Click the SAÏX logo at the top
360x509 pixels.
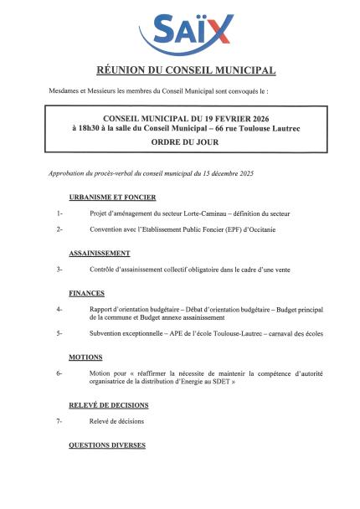pos(186,30)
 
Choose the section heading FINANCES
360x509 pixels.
pos(86,293)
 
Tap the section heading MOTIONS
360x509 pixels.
pos(85,357)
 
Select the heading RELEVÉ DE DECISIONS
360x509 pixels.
pos(108,404)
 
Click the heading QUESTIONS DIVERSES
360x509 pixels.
pos(106,445)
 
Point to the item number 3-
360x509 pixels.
pos(59,269)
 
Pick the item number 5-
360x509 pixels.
pos(59,333)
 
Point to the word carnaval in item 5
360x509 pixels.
pos(265,333)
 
